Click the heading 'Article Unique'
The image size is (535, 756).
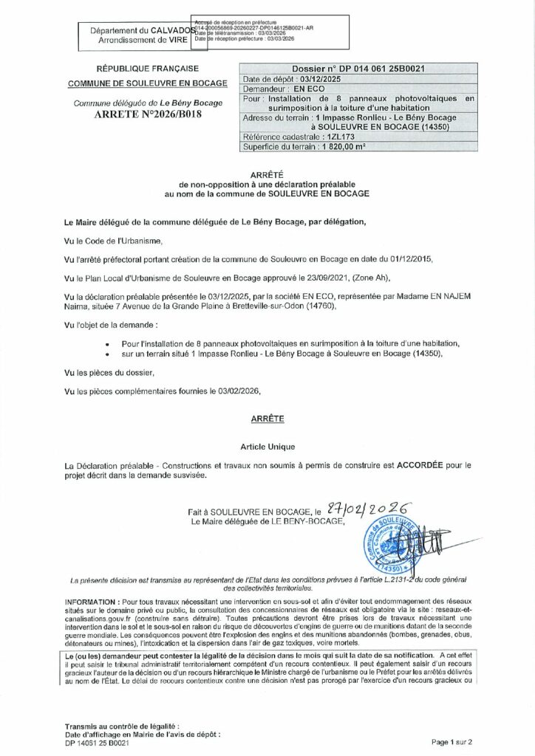(x=267, y=447)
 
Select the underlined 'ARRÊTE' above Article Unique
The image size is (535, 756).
(x=267, y=417)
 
